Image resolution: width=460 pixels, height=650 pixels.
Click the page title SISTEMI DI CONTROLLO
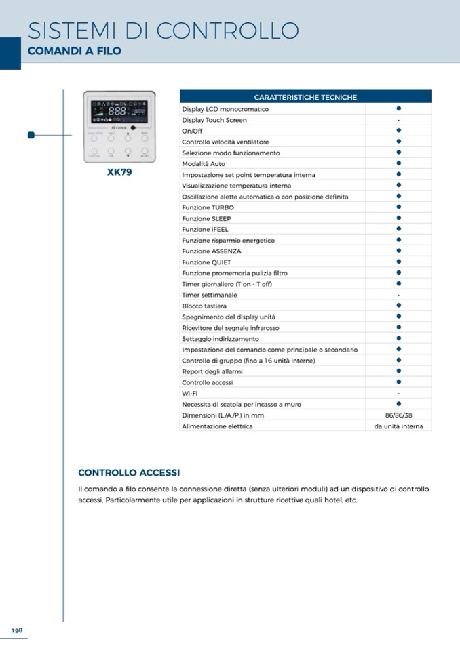tap(163, 31)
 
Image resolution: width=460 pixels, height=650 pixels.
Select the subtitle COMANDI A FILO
tap(74, 51)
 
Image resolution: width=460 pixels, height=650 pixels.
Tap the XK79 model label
tap(119, 172)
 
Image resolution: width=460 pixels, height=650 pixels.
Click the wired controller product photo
tap(119, 127)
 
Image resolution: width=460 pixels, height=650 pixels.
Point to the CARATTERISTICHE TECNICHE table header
tap(305, 98)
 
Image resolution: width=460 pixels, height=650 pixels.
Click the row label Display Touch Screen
tap(214, 120)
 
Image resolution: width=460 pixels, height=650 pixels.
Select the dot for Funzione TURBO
tap(399, 207)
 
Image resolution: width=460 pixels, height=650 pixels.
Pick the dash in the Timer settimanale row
tap(399, 295)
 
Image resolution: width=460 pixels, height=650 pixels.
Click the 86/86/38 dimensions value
tap(399, 415)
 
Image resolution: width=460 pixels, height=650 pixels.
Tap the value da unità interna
tap(399, 426)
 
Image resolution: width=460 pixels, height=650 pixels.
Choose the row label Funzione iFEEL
tap(205, 229)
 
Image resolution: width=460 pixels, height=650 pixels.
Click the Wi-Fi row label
tap(189, 393)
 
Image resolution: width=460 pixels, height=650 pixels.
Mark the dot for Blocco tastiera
tap(399, 305)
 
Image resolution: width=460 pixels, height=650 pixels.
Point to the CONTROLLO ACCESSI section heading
tap(129, 472)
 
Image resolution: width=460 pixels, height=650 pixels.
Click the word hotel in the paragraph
tap(334, 500)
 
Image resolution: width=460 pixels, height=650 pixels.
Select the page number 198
tap(16, 630)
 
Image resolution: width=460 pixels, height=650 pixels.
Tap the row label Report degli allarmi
tap(212, 371)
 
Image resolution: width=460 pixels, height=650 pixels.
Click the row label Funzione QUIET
tap(206, 262)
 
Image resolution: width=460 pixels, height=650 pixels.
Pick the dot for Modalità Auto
tap(399, 163)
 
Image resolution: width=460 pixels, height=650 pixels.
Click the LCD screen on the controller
tap(119, 111)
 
